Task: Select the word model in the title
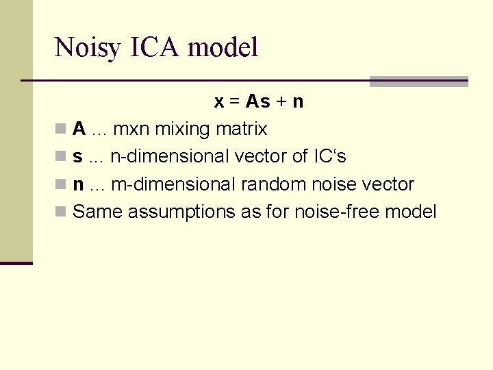(x=223, y=48)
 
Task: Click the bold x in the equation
(x=219, y=102)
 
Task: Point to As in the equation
(x=257, y=102)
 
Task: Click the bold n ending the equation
(x=298, y=102)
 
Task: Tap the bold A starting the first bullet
(x=79, y=129)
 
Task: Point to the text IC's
(x=329, y=157)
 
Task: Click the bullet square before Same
(x=60, y=212)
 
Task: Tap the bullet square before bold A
(x=60, y=129)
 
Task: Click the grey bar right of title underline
(x=418, y=82)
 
